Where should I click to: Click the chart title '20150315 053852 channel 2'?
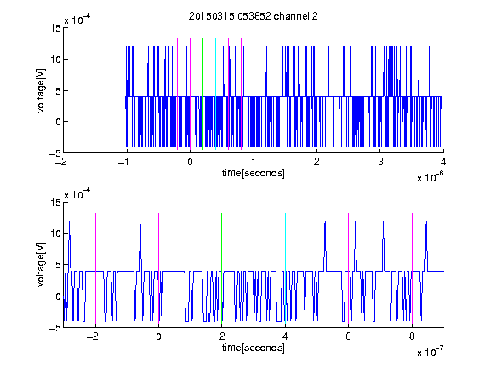click(x=254, y=16)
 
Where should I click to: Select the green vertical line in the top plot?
click(x=202, y=94)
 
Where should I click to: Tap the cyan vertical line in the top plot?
click(x=215, y=94)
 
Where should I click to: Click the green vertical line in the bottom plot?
click(x=221, y=268)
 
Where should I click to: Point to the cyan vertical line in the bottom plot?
click(x=285, y=268)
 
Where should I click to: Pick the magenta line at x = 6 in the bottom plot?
click(x=349, y=268)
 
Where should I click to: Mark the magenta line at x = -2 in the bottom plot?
click(x=95, y=268)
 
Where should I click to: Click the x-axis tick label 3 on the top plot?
click(x=380, y=162)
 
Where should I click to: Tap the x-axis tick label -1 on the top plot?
click(x=123, y=162)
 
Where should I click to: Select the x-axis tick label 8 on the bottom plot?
click(x=412, y=336)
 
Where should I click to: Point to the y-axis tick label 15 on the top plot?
click(x=55, y=28)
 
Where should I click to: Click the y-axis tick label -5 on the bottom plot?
click(x=55, y=328)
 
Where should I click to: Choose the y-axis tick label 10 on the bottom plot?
click(x=55, y=233)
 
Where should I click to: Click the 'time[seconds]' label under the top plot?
click(x=254, y=173)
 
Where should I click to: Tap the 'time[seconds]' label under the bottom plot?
click(x=254, y=348)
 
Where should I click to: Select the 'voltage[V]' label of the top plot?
click(x=41, y=91)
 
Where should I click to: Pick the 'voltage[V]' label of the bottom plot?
click(x=41, y=265)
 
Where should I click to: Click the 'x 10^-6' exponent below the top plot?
click(x=430, y=176)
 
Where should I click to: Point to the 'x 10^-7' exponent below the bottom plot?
click(x=430, y=351)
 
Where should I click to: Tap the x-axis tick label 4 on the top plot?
click(x=443, y=162)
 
